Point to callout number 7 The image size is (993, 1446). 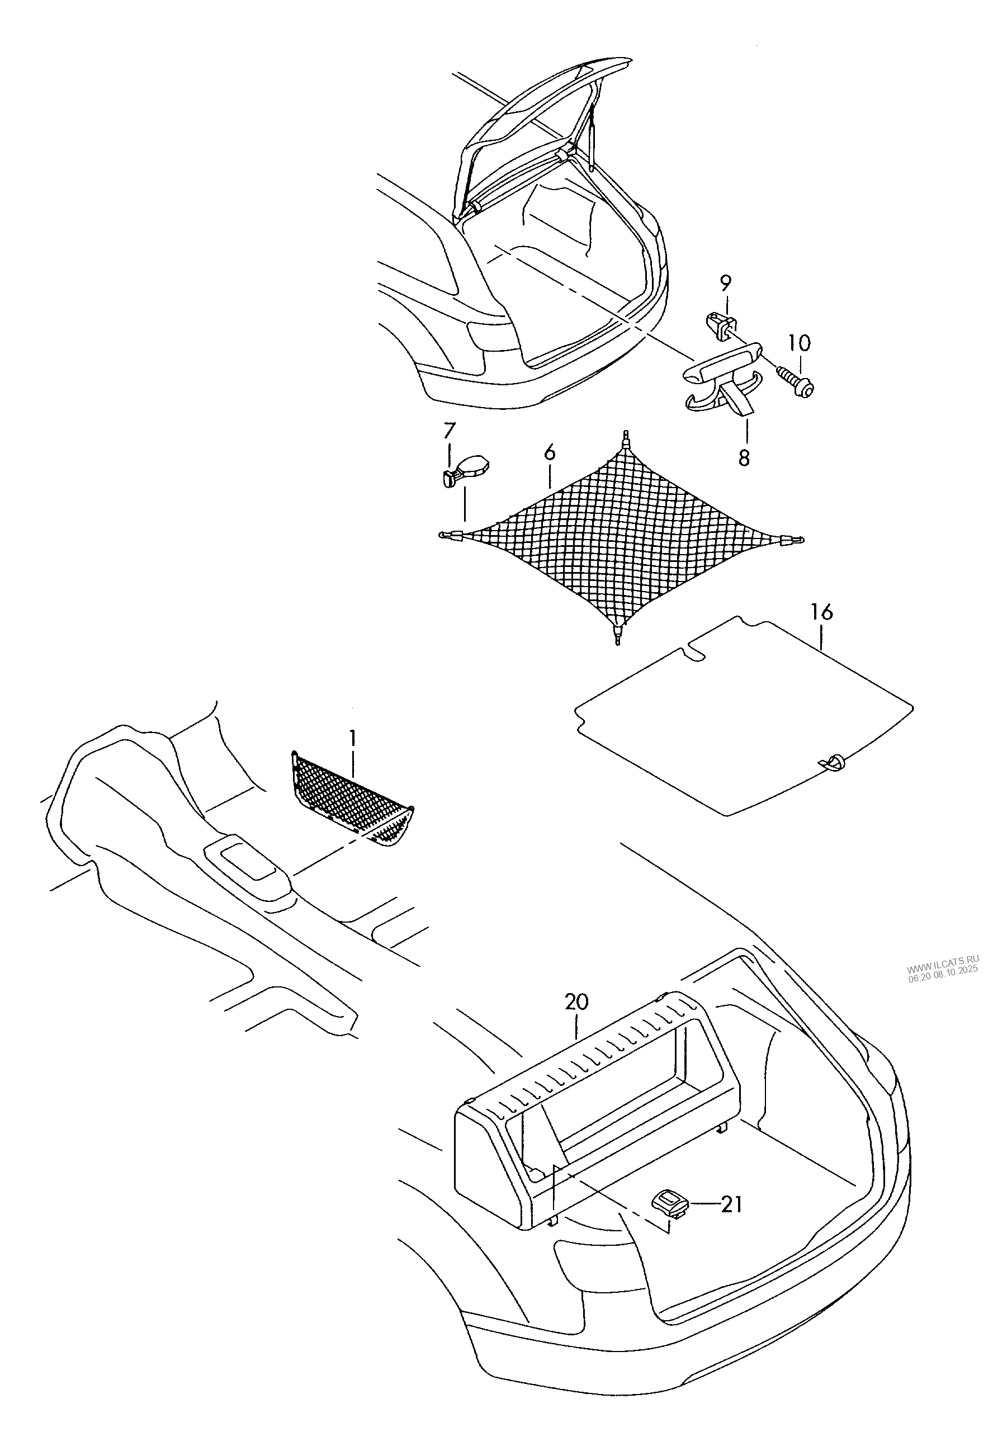449,430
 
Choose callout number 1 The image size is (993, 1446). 353,739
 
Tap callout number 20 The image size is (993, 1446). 577,1003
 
